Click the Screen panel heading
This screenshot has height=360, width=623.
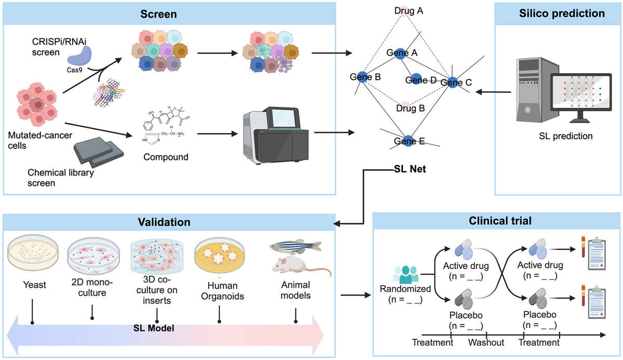pos(159,14)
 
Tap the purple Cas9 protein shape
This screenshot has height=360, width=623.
pos(80,55)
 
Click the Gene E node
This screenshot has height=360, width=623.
pos(408,140)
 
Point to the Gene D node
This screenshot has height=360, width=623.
pos(415,79)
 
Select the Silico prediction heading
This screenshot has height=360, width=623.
pos(554,14)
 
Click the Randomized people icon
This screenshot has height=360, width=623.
pos(405,273)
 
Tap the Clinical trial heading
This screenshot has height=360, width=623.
pos(496,221)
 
